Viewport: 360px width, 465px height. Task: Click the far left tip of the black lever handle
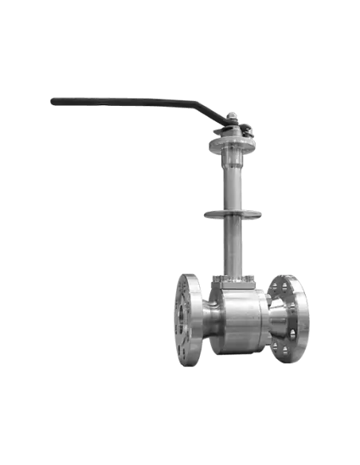coord(48,100)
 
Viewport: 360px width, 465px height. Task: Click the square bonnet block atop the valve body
coord(232,279)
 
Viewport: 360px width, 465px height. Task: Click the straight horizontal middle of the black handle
coord(119,101)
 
